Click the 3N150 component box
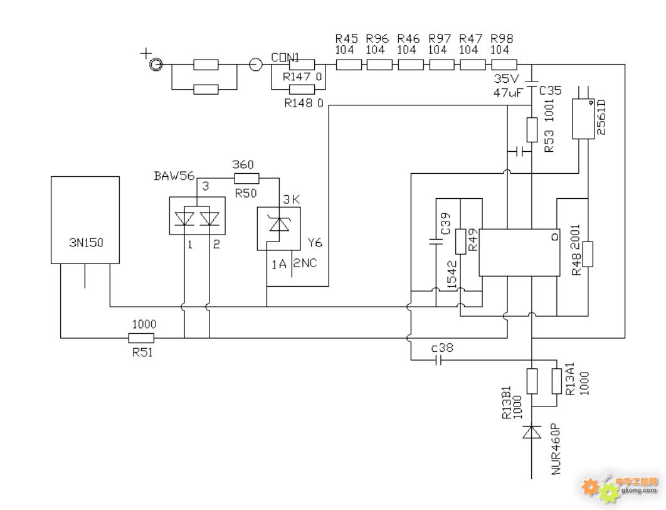coord(85,220)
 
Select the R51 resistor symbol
coord(141,338)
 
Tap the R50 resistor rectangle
coord(246,178)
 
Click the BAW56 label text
coord(174,176)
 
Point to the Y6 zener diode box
coord(278,228)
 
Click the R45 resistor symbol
coord(349,65)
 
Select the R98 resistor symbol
coord(504,65)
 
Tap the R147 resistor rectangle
coord(302,65)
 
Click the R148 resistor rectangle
coord(302,89)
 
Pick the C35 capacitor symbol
coord(532,84)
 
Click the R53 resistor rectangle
coord(532,130)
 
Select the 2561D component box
coord(583,119)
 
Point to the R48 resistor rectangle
coord(588,254)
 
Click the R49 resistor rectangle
coord(461,242)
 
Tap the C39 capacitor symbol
coord(436,242)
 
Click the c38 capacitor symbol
coord(439,361)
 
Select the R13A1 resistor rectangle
coord(556,381)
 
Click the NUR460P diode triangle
coord(532,432)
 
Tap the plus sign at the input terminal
coord(145,54)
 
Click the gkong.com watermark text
coord(639,490)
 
